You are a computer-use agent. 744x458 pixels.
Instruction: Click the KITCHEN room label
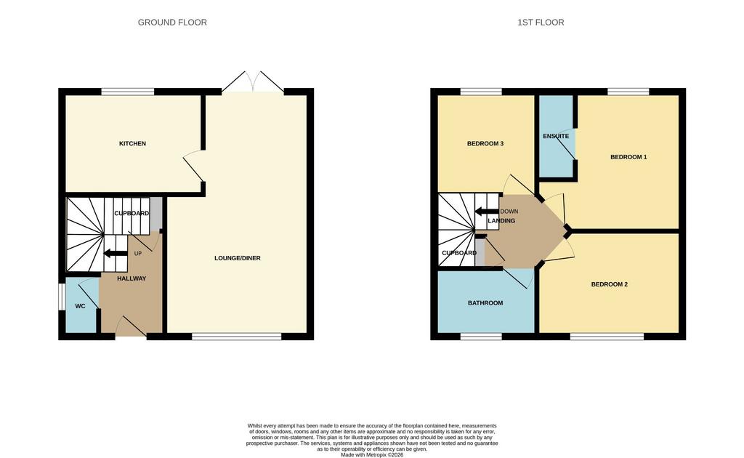pyautogui.click(x=132, y=143)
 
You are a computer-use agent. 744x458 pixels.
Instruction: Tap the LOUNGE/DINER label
pyautogui.click(x=238, y=258)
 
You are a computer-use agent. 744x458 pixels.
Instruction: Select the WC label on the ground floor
pyautogui.click(x=80, y=306)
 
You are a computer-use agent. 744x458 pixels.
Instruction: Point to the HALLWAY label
pyautogui.click(x=132, y=278)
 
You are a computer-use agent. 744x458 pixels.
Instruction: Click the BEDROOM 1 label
pyautogui.click(x=628, y=156)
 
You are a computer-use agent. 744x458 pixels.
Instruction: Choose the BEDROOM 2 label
pyautogui.click(x=610, y=284)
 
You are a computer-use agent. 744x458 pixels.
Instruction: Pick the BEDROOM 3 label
pyautogui.click(x=485, y=143)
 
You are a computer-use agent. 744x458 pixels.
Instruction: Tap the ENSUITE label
pyautogui.click(x=556, y=136)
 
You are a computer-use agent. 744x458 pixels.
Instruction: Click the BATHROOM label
pyautogui.click(x=485, y=303)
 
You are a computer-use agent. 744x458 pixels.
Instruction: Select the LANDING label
pyautogui.click(x=501, y=221)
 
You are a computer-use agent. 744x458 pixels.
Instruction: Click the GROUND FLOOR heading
pyautogui.click(x=172, y=23)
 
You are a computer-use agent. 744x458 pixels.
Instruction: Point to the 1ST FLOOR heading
pyautogui.click(x=541, y=23)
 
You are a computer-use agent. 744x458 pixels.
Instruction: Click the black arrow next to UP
pyautogui.click(x=116, y=254)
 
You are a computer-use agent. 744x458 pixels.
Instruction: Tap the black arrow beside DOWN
pyautogui.click(x=487, y=212)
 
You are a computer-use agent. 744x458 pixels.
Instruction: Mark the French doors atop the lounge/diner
pyautogui.click(x=253, y=81)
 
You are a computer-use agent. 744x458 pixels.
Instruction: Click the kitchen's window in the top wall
pyautogui.click(x=128, y=92)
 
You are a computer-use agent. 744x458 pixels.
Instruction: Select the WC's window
pyautogui.click(x=61, y=297)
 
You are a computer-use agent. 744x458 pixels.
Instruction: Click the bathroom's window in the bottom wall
pyautogui.click(x=481, y=337)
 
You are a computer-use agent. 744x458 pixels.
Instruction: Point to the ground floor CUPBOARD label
pyautogui.click(x=132, y=214)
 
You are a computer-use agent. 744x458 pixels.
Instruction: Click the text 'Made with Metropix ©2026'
pyautogui.click(x=372, y=454)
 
